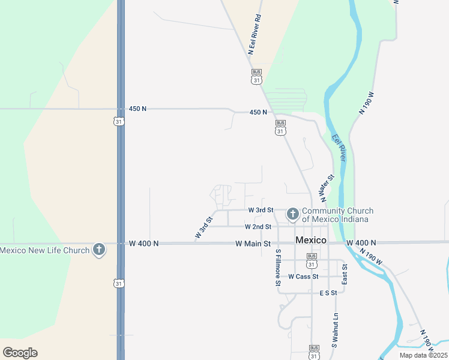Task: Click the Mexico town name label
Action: [311, 240]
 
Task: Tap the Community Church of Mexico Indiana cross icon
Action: [293, 214]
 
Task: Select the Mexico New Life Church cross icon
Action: [99, 250]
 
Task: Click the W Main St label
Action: [253, 244]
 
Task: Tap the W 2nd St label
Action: [258, 227]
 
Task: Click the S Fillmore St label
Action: [279, 271]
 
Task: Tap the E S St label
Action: [329, 293]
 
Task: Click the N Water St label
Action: [327, 188]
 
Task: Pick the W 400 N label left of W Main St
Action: [144, 244]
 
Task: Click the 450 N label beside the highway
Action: [137, 109]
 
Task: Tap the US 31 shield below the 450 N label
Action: [119, 121]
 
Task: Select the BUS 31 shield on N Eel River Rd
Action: [256, 76]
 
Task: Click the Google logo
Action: [20, 352]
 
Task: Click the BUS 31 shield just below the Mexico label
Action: [311, 261]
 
